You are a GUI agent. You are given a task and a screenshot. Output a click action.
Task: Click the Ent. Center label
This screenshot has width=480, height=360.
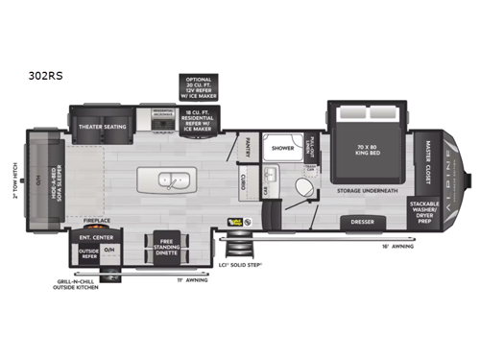click(x=92, y=235)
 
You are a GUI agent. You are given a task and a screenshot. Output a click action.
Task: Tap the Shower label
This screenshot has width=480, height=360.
click(x=282, y=149)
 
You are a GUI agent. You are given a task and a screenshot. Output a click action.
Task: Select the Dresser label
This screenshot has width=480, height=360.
click(x=364, y=224)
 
